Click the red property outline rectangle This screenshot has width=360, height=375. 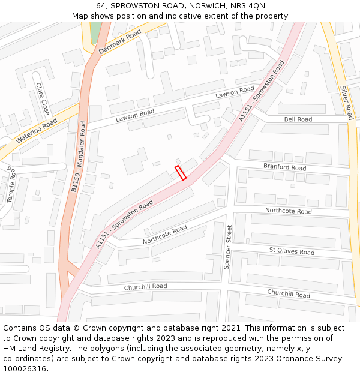click(181, 172)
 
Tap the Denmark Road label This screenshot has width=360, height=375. click(119, 41)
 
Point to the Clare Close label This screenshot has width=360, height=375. click(43, 99)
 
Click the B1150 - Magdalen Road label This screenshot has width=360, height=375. click(79, 157)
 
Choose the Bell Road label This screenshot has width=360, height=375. click(298, 119)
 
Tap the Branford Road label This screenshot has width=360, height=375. click(284, 167)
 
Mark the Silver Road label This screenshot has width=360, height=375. click(347, 102)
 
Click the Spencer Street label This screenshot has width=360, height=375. click(228, 247)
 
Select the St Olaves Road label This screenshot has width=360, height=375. click(292, 251)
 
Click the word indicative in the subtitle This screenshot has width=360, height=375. click(181, 16)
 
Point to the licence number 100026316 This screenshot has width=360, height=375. click(25, 369)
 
